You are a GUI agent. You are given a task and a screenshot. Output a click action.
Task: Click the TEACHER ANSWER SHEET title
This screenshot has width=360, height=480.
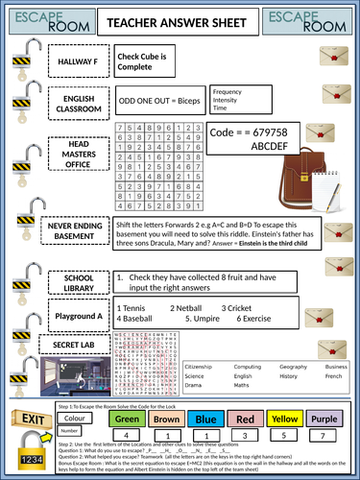pos(180,21)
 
